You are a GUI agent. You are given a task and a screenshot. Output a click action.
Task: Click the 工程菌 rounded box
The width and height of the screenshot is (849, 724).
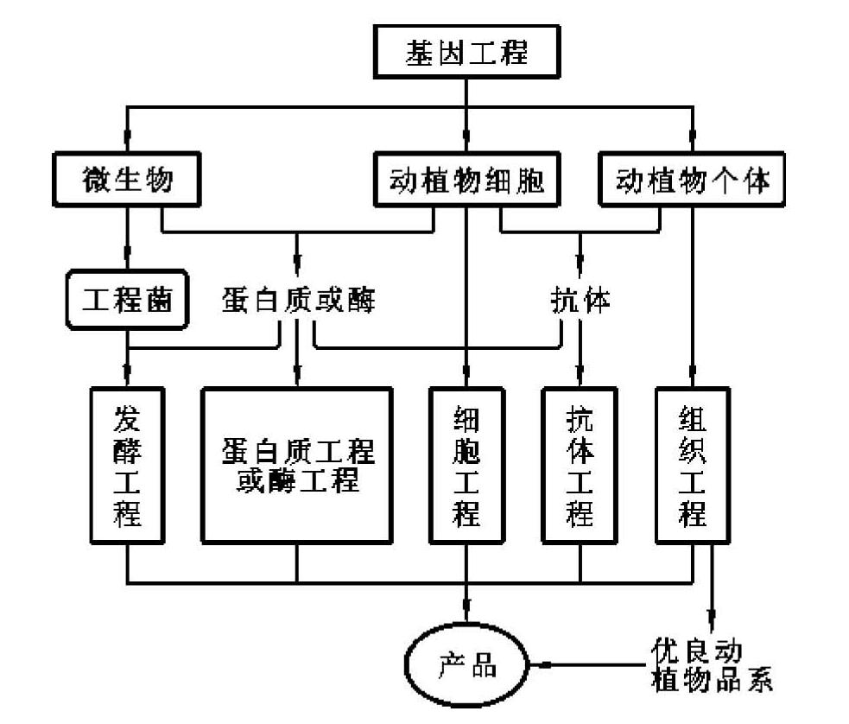(128, 301)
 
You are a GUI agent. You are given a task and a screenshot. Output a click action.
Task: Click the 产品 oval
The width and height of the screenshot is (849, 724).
(467, 668)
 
